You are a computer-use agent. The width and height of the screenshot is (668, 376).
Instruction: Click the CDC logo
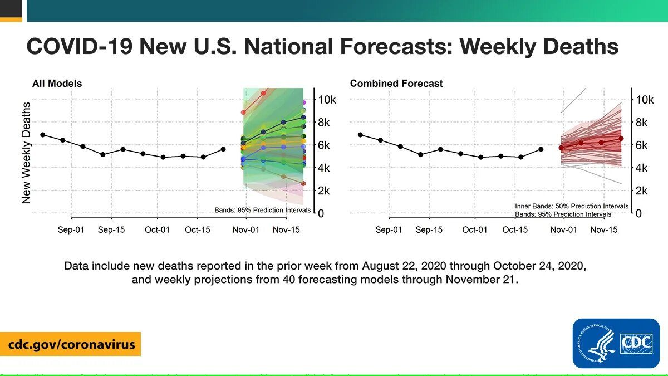click(616, 343)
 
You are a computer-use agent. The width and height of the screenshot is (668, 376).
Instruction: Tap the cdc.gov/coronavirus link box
click(71, 344)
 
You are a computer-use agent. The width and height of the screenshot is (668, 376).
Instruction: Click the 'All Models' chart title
click(57, 84)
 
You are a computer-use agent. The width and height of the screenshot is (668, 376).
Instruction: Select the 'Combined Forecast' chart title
click(396, 84)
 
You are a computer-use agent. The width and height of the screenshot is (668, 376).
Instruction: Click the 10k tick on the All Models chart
click(327, 100)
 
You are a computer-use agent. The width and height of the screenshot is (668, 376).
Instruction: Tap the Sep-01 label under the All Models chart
click(71, 229)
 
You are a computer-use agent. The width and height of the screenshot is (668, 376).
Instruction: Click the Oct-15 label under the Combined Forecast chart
click(515, 229)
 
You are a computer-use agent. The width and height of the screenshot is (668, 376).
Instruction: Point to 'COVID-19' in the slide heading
click(79, 46)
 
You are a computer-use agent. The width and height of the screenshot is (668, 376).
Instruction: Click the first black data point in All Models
click(43, 135)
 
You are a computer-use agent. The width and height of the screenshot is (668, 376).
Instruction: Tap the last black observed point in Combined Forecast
click(541, 149)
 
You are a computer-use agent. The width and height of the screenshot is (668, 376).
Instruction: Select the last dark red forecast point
click(621, 138)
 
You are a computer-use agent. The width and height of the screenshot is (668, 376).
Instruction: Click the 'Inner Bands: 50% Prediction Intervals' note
click(572, 206)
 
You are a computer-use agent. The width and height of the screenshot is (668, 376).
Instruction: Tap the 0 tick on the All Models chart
click(321, 213)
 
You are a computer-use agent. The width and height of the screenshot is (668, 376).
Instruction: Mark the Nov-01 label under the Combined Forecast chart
click(564, 229)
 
